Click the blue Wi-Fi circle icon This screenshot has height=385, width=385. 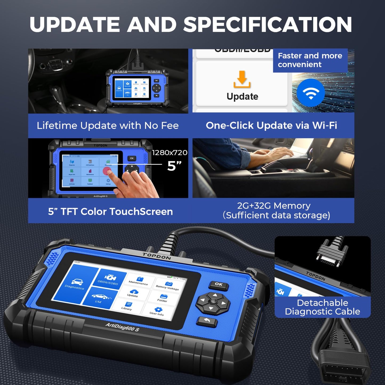311,93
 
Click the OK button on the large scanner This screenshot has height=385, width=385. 219,285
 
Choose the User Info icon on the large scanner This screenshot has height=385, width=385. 157,311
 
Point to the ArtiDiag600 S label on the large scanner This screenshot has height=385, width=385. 122,327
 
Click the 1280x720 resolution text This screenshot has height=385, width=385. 169,153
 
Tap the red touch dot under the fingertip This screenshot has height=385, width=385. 107,171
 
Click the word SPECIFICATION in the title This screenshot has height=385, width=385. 268,25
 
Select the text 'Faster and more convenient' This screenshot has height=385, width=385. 310,60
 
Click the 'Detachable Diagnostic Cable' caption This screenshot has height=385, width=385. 322,307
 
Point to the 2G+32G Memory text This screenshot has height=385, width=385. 274,206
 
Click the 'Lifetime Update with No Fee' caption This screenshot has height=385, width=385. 108,125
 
